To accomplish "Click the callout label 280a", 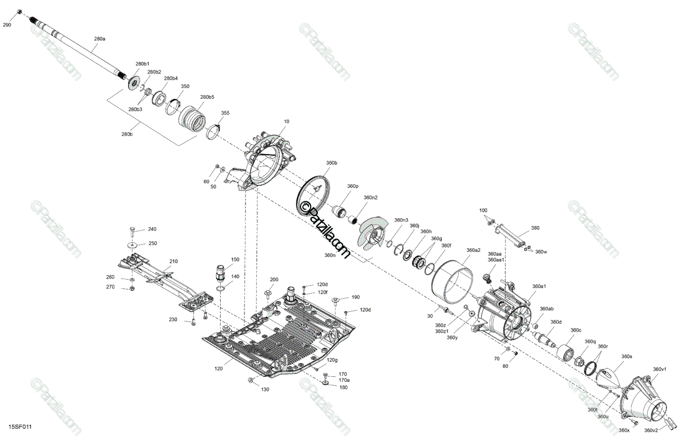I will click(x=100, y=38).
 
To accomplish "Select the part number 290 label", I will click(x=7, y=25).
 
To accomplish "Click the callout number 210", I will click(x=173, y=262).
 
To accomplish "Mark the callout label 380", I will click(x=535, y=228).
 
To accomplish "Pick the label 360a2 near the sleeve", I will click(x=474, y=250).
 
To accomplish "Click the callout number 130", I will click(x=265, y=389).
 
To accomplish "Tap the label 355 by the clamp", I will click(x=225, y=113).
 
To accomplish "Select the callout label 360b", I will click(x=332, y=163).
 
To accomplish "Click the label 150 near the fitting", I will click(x=234, y=259).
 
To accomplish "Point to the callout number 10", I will click(x=286, y=121).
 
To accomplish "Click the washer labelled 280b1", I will click(x=135, y=82).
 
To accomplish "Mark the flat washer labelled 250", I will click(x=132, y=245).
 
